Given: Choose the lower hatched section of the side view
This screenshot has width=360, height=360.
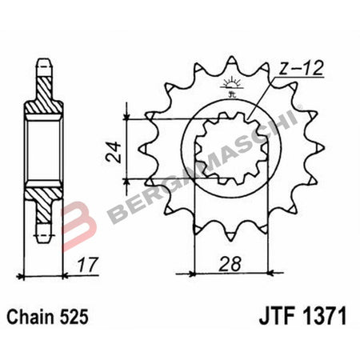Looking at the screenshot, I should pos(39,196).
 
